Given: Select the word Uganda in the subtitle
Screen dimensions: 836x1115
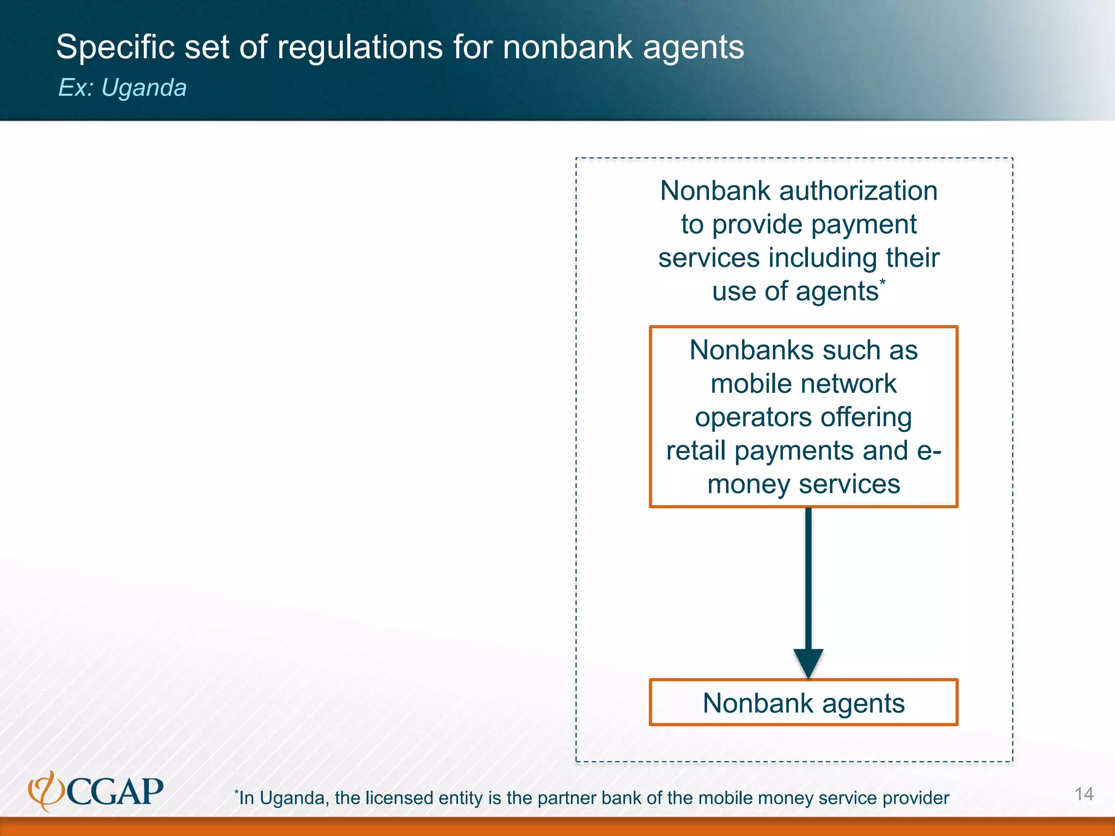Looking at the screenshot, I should pos(144,88).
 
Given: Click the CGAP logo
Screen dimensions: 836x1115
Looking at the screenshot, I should pos(96,791).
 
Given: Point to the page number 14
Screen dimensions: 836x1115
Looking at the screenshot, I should pos(1083,794).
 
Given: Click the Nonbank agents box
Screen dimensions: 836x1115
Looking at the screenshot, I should pos(803,703).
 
